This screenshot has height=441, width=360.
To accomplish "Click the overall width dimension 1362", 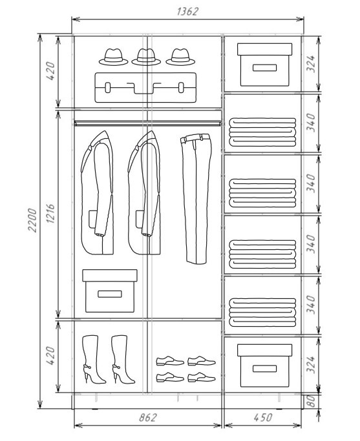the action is [187, 11].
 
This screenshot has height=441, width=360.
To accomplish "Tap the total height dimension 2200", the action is [32, 220].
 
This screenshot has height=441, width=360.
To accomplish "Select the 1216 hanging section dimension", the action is [50, 214].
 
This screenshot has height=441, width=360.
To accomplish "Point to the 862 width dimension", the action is [147, 417].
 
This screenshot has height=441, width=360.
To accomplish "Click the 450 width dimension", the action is [263, 417].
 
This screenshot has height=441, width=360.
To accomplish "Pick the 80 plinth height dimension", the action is [310, 401].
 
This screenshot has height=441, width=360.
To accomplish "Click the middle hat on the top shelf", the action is [146, 57].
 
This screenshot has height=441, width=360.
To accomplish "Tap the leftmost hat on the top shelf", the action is [114, 57].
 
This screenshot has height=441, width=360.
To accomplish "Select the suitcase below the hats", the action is [145, 87].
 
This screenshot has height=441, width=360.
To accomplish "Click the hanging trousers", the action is [196, 199].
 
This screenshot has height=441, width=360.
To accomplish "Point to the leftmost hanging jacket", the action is [98, 193].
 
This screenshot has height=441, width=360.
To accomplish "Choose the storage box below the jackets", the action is [110, 291].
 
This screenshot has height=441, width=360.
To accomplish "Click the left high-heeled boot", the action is [93, 359].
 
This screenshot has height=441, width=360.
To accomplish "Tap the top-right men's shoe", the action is [202, 360].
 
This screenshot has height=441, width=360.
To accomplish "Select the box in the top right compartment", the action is [264, 65].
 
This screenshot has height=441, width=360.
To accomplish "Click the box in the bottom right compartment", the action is [264, 365].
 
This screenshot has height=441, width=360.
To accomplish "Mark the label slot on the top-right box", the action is [264, 68].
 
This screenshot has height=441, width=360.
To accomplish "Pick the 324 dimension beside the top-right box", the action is [311, 64].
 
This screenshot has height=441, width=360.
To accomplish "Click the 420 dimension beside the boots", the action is [50, 356].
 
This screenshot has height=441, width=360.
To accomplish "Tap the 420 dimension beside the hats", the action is [50, 71].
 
